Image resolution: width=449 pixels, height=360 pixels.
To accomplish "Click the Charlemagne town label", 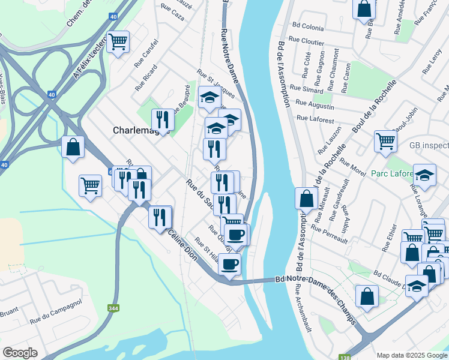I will (x=136, y=130).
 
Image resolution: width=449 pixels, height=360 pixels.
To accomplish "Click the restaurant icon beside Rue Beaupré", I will (x=161, y=119).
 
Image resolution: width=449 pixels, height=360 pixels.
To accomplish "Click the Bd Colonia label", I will (x=309, y=27).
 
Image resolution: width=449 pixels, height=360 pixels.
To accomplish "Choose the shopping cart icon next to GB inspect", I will (x=385, y=141).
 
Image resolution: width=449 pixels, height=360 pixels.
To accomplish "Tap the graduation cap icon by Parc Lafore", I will (x=424, y=175).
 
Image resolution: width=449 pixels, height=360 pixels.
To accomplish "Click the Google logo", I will (x=20, y=353).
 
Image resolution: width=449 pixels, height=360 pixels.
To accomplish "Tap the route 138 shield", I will (x=344, y=356).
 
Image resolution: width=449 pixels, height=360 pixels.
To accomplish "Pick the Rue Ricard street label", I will (x=146, y=77).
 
